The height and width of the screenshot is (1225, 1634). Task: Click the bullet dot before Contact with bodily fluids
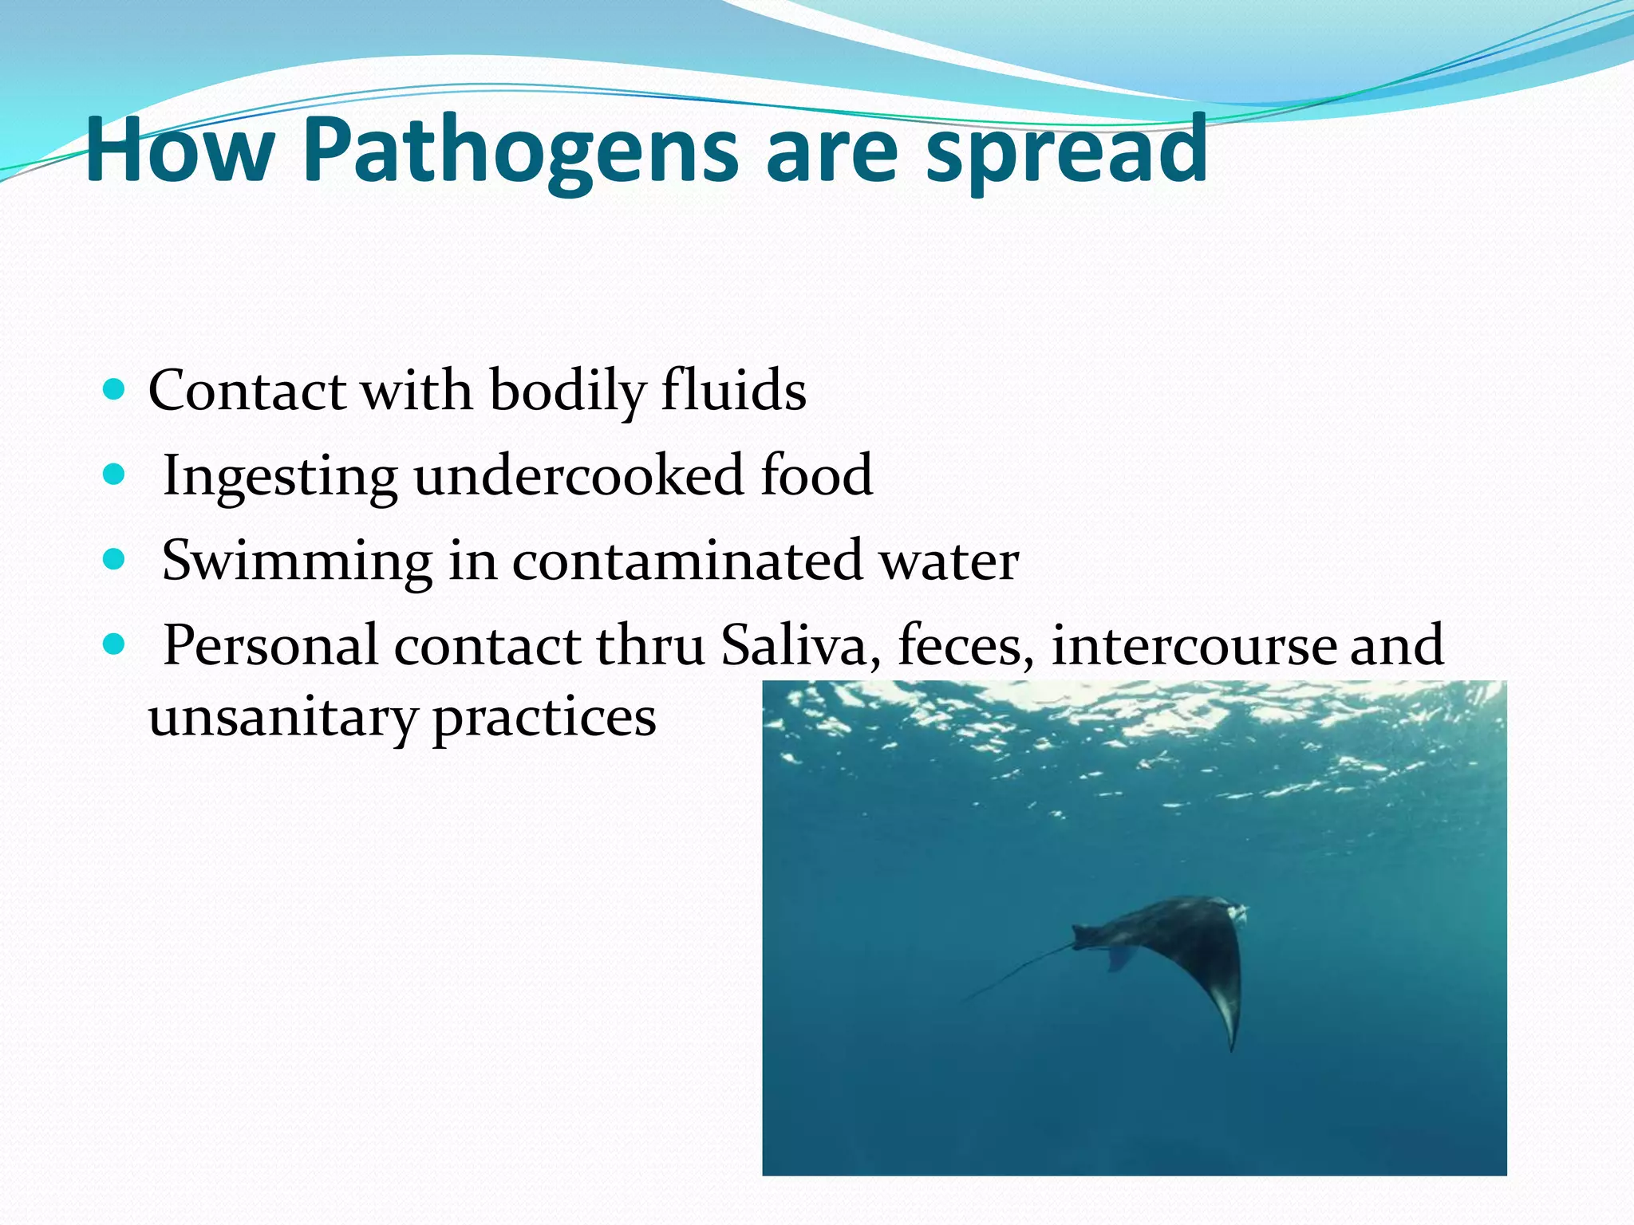pyautogui.click(x=115, y=390)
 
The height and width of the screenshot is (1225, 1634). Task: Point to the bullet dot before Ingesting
pyautogui.click(x=115, y=475)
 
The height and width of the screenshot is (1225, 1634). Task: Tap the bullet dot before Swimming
pyautogui.click(x=115, y=560)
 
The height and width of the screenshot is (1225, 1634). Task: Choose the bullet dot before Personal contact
pyautogui.click(x=115, y=644)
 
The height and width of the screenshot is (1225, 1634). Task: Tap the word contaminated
pyautogui.click(x=687, y=561)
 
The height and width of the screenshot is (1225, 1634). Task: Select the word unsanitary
pyautogui.click(x=282, y=718)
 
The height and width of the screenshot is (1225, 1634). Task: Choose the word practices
pyautogui.click(x=544, y=718)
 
